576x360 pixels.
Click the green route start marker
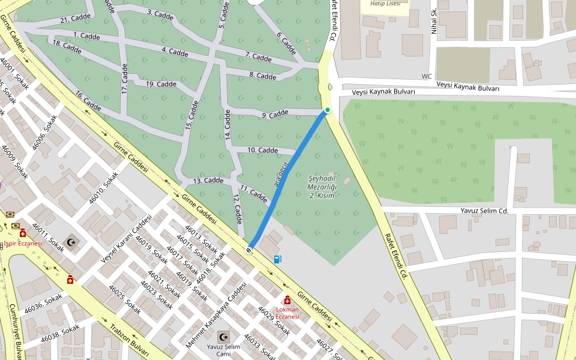pos(328,110)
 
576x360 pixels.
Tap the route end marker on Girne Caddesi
pos(249,250)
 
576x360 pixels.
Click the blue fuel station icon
pos(277,259)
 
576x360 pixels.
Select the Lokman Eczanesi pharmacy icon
pos(287,300)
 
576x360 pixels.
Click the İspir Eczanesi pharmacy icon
pos(23,233)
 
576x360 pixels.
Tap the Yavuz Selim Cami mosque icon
pos(223,337)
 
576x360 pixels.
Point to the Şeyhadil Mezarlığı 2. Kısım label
pos(322,187)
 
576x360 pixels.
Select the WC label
pos(427,76)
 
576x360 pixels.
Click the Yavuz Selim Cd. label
pos(484,211)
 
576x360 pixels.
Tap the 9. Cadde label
pos(275,114)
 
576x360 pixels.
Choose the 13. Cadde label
pos(208,181)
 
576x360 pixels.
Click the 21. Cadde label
pos(75,20)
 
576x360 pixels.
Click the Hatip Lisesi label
pos(385,4)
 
